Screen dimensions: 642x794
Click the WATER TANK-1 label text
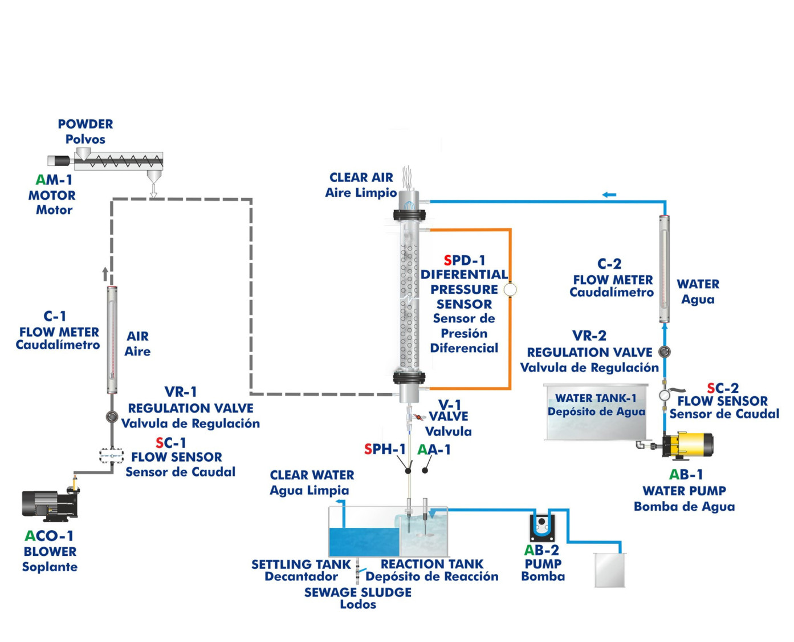tap(596, 398)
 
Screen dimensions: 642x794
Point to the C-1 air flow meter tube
tap(112, 340)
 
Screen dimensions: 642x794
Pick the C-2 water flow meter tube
tap(664, 269)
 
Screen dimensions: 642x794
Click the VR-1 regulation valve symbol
tap(112, 417)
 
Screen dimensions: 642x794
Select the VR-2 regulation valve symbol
tap(664, 352)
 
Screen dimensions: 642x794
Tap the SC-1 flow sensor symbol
tap(112, 455)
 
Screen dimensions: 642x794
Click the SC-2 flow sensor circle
tap(664, 395)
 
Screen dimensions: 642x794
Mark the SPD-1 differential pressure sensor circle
tap(510, 289)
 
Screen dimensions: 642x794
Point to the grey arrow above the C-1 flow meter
tap(105, 274)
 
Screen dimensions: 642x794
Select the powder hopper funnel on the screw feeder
tap(83, 153)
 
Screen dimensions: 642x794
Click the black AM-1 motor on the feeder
tap(58, 161)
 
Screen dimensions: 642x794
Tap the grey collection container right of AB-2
tap(609, 570)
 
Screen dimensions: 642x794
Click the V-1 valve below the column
tap(417, 417)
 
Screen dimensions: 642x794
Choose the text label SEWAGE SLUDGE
tap(357, 592)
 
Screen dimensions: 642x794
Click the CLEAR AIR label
tap(361, 177)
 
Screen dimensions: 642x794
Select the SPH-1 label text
tap(385, 450)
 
